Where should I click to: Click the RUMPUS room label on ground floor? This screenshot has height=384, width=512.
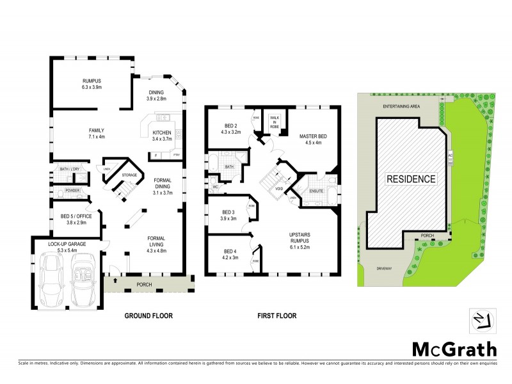click(92, 83)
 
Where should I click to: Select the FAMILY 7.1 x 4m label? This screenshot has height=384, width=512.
click(92, 133)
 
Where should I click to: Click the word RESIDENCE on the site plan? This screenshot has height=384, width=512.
click(410, 179)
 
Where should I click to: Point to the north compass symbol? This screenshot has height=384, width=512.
click(483, 318)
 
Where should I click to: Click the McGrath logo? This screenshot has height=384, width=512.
click(454, 349)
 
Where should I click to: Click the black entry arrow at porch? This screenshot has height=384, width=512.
click(114, 279)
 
